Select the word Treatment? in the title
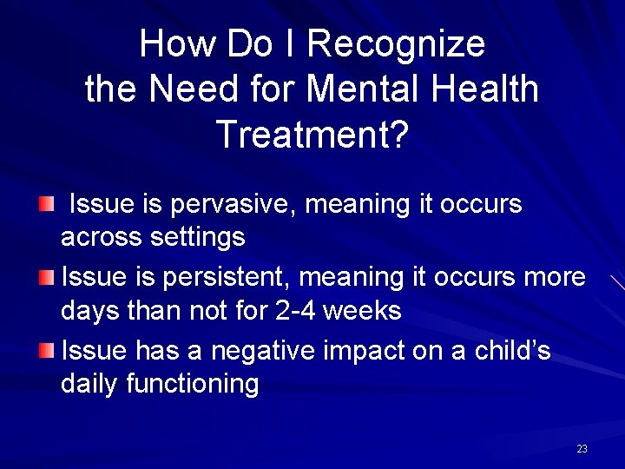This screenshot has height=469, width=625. (312, 135)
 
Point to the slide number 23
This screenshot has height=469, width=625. (582, 449)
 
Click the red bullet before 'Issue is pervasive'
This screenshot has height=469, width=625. (46, 205)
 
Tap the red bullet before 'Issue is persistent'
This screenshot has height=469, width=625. (46, 278)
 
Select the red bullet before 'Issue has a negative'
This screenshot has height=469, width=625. (46, 351)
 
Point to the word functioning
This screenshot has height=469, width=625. (193, 383)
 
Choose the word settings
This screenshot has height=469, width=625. (197, 236)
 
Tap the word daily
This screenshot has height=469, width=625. (89, 383)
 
